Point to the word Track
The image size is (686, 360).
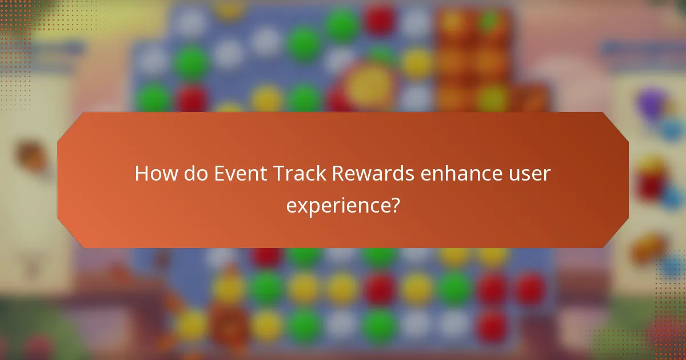point(297,174)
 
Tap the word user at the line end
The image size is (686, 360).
point(531,174)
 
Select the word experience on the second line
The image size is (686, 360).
point(335,205)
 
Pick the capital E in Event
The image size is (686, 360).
point(219,174)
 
